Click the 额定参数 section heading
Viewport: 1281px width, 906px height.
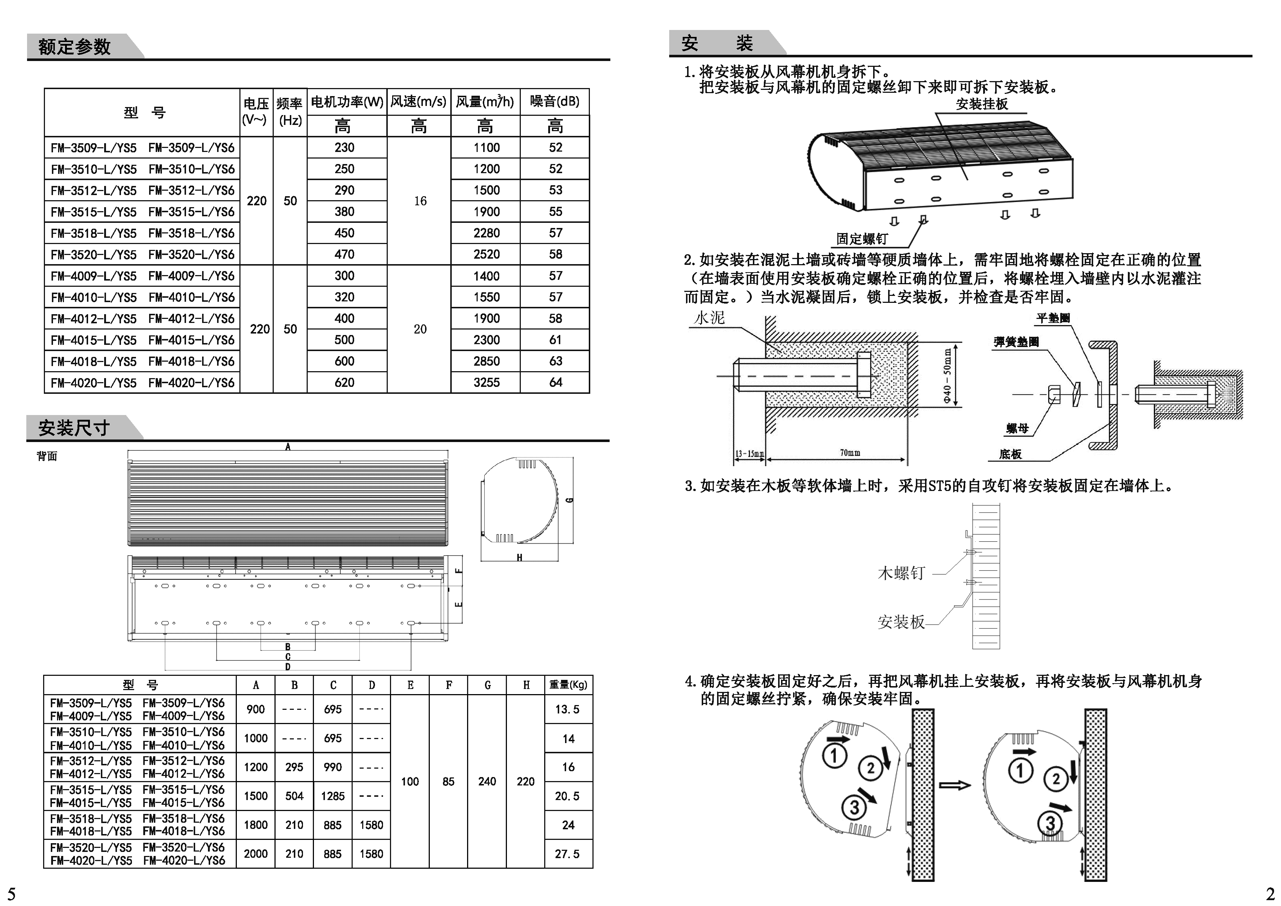click(x=74, y=47)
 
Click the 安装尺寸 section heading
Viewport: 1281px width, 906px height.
click(x=74, y=428)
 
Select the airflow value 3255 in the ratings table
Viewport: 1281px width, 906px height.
click(x=486, y=383)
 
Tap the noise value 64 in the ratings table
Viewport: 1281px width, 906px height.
click(x=556, y=383)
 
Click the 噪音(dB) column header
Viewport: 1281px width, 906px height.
click(x=554, y=102)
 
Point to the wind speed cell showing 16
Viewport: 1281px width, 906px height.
click(x=420, y=201)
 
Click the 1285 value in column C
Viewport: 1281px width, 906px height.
click(x=333, y=796)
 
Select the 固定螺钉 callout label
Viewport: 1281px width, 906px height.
click(x=862, y=239)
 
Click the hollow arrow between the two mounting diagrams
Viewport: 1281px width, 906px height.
click(x=955, y=785)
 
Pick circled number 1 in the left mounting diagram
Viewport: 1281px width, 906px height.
click(x=834, y=756)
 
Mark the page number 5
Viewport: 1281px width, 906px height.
click(x=11, y=892)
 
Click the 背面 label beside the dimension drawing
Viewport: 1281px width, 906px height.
click(x=47, y=456)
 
